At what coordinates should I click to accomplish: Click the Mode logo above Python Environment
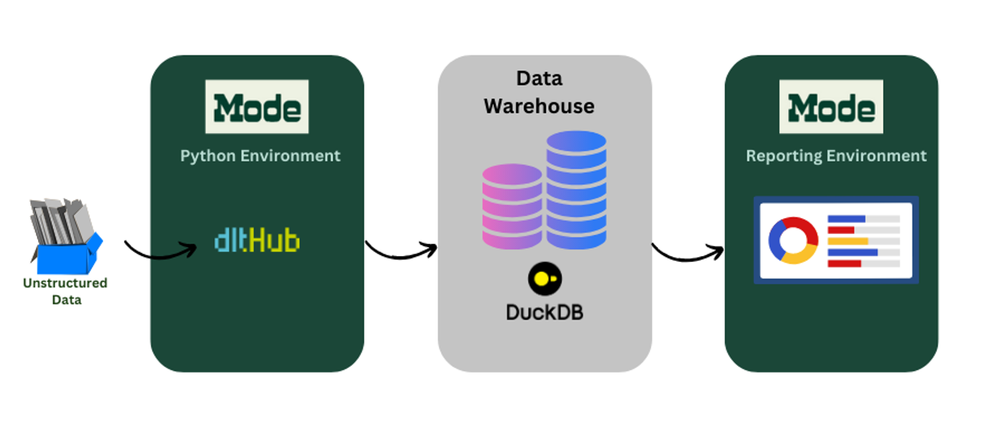tap(256, 107)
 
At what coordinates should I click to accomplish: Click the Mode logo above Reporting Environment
tap(831, 107)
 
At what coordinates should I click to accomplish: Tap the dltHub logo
tap(257, 241)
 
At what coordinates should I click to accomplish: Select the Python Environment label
tap(260, 156)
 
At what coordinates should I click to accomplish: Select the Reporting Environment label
tap(836, 156)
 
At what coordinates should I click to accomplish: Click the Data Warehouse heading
tap(539, 92)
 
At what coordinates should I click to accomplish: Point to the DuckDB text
tap(545, 312)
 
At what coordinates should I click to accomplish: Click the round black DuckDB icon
tap(545, 279)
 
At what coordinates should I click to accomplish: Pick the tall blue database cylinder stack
tap(576, 190)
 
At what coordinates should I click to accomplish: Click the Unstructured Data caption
tap(65, 291)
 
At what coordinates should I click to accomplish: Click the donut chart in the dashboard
tap(793, 240)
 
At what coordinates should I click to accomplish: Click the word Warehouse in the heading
tap(539, 106)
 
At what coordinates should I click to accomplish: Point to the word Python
tap(208, 156)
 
